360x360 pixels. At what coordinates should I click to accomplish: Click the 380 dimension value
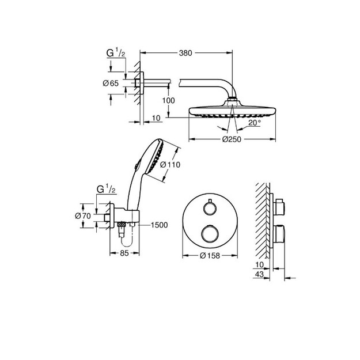coord(185,53)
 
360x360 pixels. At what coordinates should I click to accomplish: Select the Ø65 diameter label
coord(111,83)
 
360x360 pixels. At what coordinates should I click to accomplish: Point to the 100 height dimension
coord(169,100)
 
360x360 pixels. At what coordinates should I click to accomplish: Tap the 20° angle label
coord(255,123)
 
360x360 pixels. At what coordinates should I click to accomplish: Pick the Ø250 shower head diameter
coord(232,139)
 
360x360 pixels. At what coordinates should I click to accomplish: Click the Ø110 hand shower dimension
coord(170,165)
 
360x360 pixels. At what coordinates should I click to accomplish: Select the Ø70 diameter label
coord(83,216)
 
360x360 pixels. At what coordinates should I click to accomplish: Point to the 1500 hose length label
coord(159,225)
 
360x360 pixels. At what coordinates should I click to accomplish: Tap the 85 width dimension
coord(124,253)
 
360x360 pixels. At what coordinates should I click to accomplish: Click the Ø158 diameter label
coord(210,256)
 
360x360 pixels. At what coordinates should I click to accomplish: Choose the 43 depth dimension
coord(259,274)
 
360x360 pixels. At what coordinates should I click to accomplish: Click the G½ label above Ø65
coord(116,53)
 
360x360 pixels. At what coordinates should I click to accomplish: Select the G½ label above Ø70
coord(107,189)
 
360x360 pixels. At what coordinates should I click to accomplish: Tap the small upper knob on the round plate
coord(210,208)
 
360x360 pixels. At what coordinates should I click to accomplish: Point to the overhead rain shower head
coord(232,109)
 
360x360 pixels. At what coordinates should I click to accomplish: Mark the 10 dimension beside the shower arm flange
coord(156,118)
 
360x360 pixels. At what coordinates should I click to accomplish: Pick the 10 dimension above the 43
coord(259,264)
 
